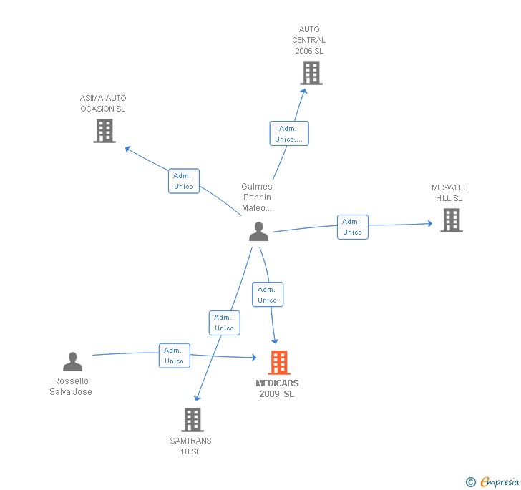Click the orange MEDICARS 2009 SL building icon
(278, 363)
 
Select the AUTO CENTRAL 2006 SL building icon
(311, 73)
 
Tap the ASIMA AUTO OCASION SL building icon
(104, 131)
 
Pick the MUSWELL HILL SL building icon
(451, 220)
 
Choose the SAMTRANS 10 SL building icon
(192, 420)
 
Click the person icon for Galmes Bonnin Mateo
(258, 231)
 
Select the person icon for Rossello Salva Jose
(72, 361)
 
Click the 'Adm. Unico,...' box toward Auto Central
(289, 134)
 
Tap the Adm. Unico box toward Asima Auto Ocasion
(183, 181)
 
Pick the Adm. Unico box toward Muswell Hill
(352, 227)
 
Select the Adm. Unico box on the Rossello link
(174, 356)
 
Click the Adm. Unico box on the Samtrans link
(224, 323)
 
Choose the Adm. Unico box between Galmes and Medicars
(267, 295)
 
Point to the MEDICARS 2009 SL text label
(277, 388)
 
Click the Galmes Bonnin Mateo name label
(257, 197)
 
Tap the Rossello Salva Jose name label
(71, 386)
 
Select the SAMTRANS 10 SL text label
(190, 446)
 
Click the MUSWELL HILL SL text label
(449, 193)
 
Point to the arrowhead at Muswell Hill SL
(429, 224)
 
